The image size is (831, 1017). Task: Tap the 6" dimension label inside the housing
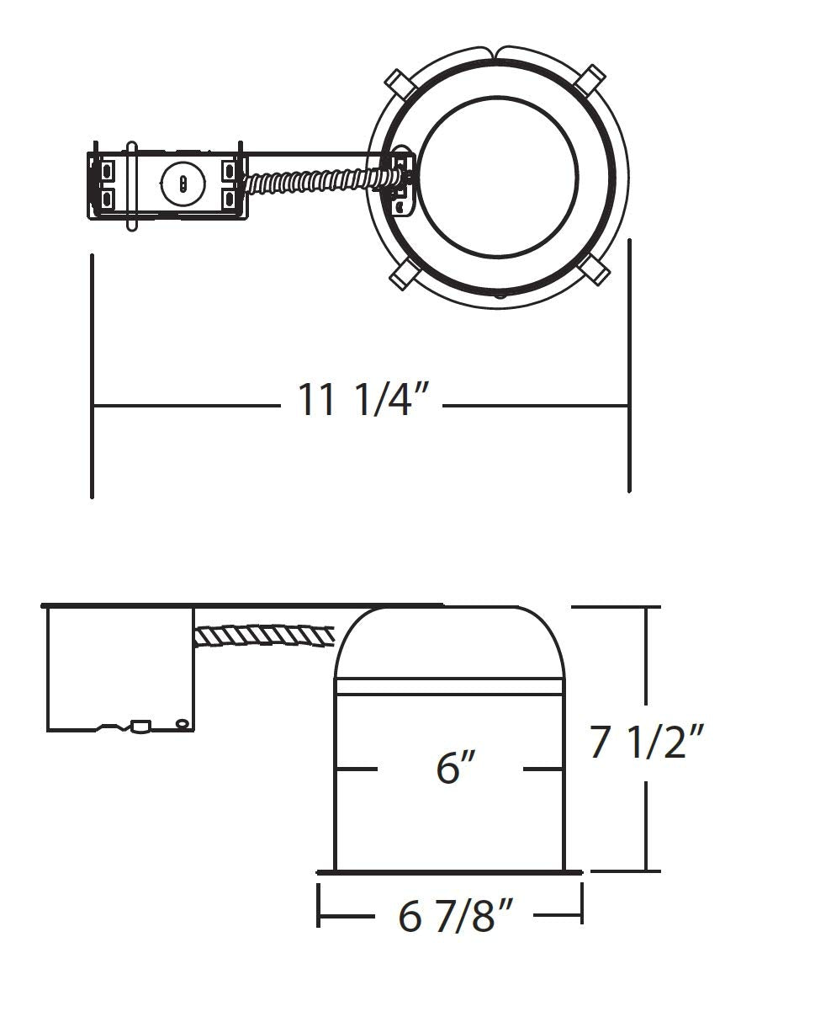point(457,768)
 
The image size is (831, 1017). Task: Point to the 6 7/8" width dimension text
point(455,915)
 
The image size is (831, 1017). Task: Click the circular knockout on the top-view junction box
point(183,184)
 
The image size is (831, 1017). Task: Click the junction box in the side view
point(120,668)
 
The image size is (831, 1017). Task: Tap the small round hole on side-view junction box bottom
point(181,723)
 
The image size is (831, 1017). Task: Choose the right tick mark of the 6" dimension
point(543,769)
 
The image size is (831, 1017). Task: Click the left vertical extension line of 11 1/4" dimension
point(92,375)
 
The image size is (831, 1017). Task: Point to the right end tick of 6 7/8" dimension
point(581,904)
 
